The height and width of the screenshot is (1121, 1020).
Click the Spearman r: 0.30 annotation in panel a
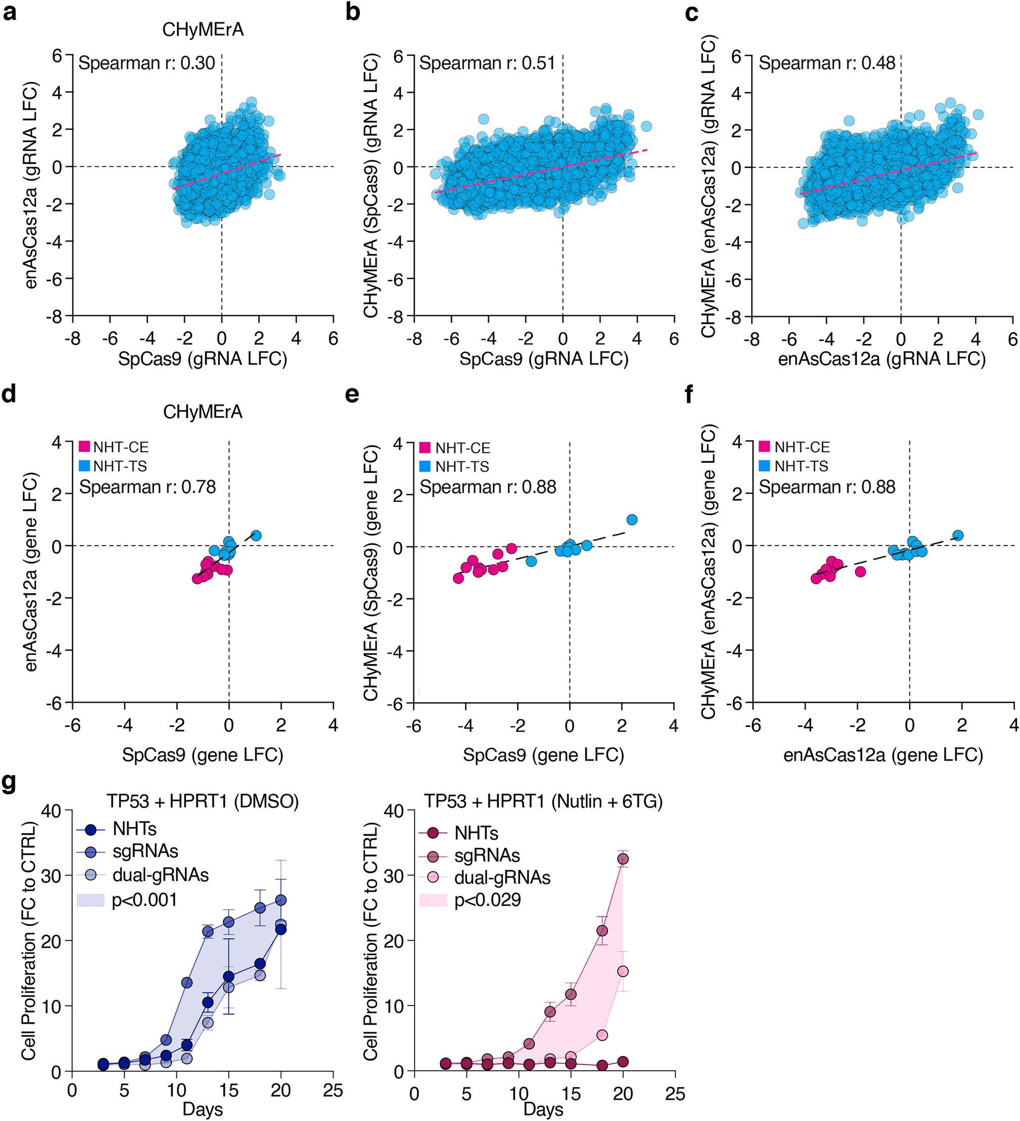(146, 63)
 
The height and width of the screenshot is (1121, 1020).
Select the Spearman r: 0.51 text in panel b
(487, 63)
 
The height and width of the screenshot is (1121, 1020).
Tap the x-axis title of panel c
(881, 358)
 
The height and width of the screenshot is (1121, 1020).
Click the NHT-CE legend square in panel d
(85, 447)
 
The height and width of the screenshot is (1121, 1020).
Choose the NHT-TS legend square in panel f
(765, 465)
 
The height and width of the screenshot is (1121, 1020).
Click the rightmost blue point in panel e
(631, 519)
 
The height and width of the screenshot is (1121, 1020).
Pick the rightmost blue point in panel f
(958, 535)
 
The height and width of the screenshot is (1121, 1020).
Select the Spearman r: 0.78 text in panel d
(147, 487)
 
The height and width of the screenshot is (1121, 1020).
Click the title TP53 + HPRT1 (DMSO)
(203, 801)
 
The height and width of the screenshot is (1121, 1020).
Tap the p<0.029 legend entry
(487, 900)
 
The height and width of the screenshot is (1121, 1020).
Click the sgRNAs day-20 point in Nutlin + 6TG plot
(623, 858)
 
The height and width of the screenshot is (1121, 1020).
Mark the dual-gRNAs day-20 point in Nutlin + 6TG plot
(623, 971)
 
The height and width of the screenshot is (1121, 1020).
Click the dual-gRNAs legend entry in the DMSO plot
(160, 875)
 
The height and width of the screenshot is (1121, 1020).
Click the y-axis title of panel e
(371, 573)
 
